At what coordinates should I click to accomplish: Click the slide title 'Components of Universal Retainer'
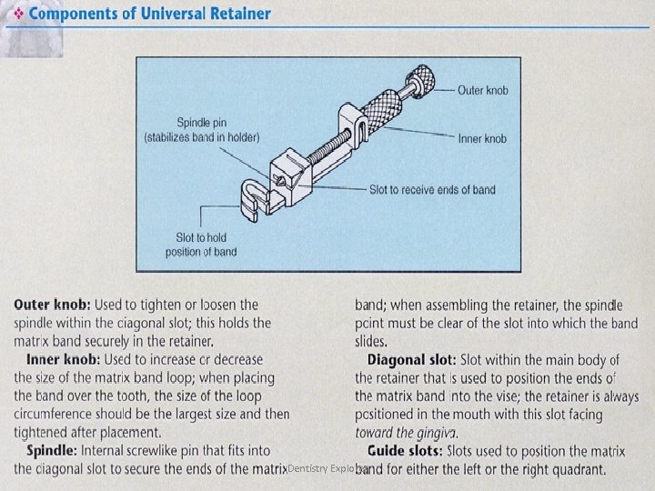pos(147,14)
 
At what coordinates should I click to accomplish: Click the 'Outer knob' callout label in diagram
pos(482,90)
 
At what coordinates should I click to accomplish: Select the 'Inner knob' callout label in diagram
pos(482,139)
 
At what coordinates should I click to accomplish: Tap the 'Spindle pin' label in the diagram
pos(202,129)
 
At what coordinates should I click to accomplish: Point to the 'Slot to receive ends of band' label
pos(432,190)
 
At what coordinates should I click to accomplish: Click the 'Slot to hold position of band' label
pos(201,245)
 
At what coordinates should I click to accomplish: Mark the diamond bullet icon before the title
pos(17,14)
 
